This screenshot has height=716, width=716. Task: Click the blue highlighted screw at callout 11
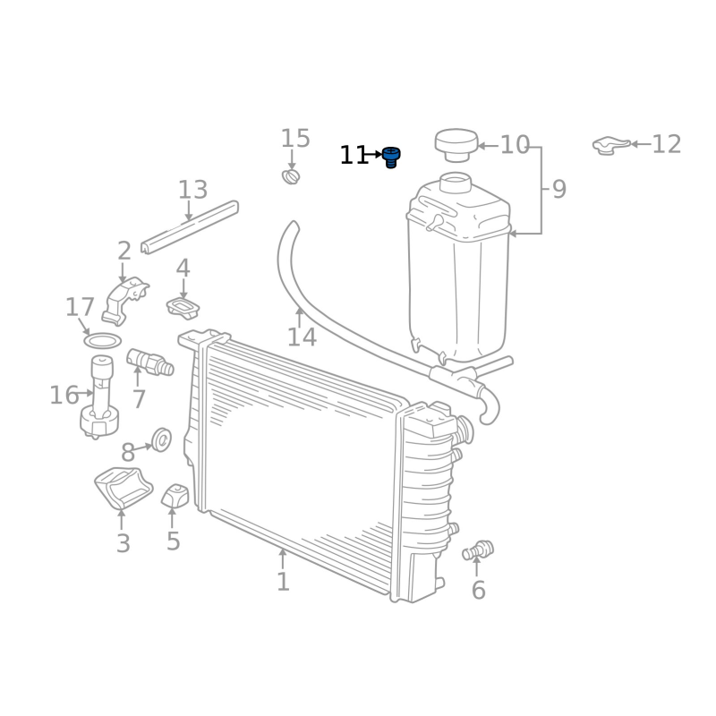point(391,158)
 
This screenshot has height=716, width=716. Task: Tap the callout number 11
point(354,155)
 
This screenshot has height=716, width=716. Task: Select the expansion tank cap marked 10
point(456,145)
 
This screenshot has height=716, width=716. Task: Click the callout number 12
point(667,144)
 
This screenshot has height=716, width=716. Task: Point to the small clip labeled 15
point(291,176)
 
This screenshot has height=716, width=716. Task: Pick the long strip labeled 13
point(190,227)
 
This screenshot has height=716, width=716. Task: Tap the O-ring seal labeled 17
point(103,340)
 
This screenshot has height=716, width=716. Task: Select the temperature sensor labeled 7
point(149,362)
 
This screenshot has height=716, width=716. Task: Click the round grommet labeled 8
point(161,439)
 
